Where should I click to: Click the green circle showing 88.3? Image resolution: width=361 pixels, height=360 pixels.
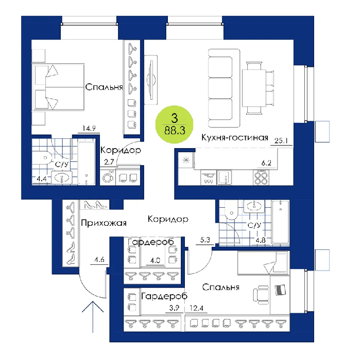point(174,124)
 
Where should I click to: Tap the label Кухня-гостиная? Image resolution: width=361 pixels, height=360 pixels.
point(235,137)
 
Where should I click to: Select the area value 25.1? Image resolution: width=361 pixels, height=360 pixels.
point(281,140)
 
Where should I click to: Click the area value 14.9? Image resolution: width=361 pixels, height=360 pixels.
point(89,128)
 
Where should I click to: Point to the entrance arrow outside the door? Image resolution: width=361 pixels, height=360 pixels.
point(93,317)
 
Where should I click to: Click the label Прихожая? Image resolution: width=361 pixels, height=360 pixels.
point(104,223)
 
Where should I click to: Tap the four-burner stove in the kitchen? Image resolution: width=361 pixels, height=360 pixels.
point(261,177)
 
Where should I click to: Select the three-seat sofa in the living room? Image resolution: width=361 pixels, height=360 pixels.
point(224,88)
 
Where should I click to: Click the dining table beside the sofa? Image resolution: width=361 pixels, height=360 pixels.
point(254,88)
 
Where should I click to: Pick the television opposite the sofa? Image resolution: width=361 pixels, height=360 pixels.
point(151,80)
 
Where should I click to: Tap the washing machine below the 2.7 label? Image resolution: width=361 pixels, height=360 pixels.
point(108,177)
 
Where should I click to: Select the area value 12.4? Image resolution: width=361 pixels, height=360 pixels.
point(196,308)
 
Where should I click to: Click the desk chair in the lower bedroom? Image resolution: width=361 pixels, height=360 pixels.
point(261,294)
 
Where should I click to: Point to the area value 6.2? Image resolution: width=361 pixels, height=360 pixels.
point(266,163)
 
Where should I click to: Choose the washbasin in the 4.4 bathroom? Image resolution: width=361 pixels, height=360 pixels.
point(62,178)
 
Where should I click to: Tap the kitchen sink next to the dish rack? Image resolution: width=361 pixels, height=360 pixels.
point(224,177)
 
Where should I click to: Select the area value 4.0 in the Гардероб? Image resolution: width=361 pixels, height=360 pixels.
point(155,260)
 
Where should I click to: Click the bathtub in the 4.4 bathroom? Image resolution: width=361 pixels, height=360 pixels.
point(87,163)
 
